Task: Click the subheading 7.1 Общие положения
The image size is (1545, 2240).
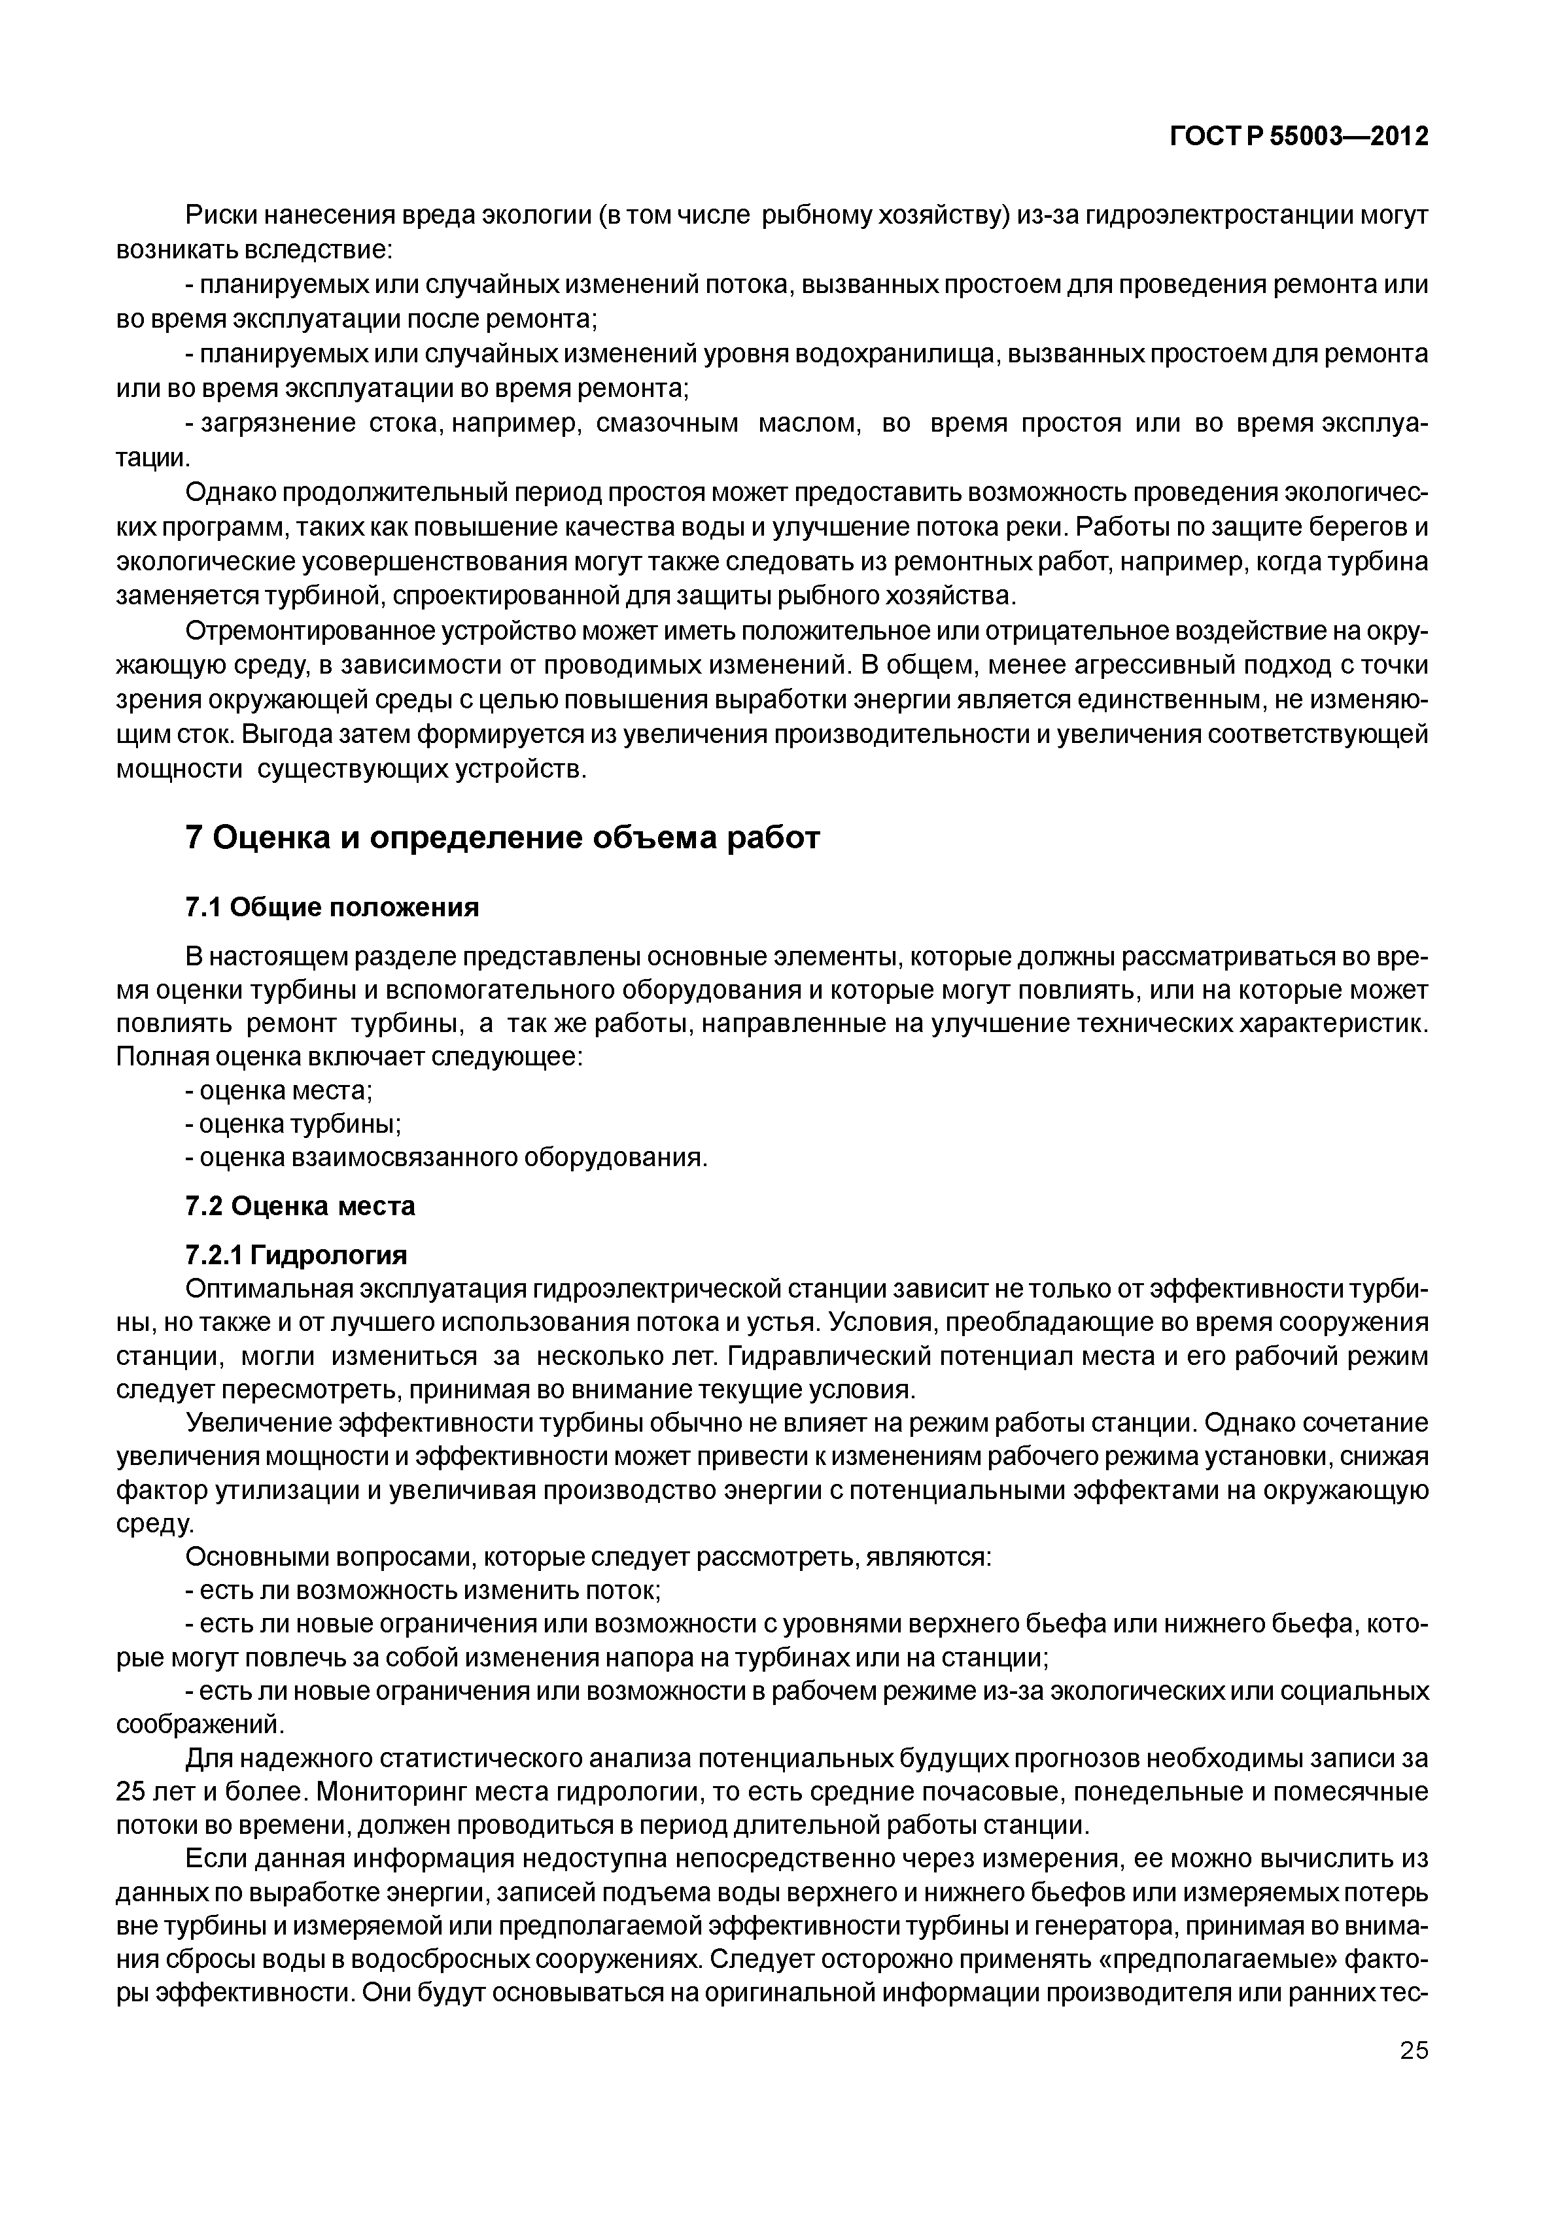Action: click(x=332, y=907)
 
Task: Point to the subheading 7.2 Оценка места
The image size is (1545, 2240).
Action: click(x=300, y=1205)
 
